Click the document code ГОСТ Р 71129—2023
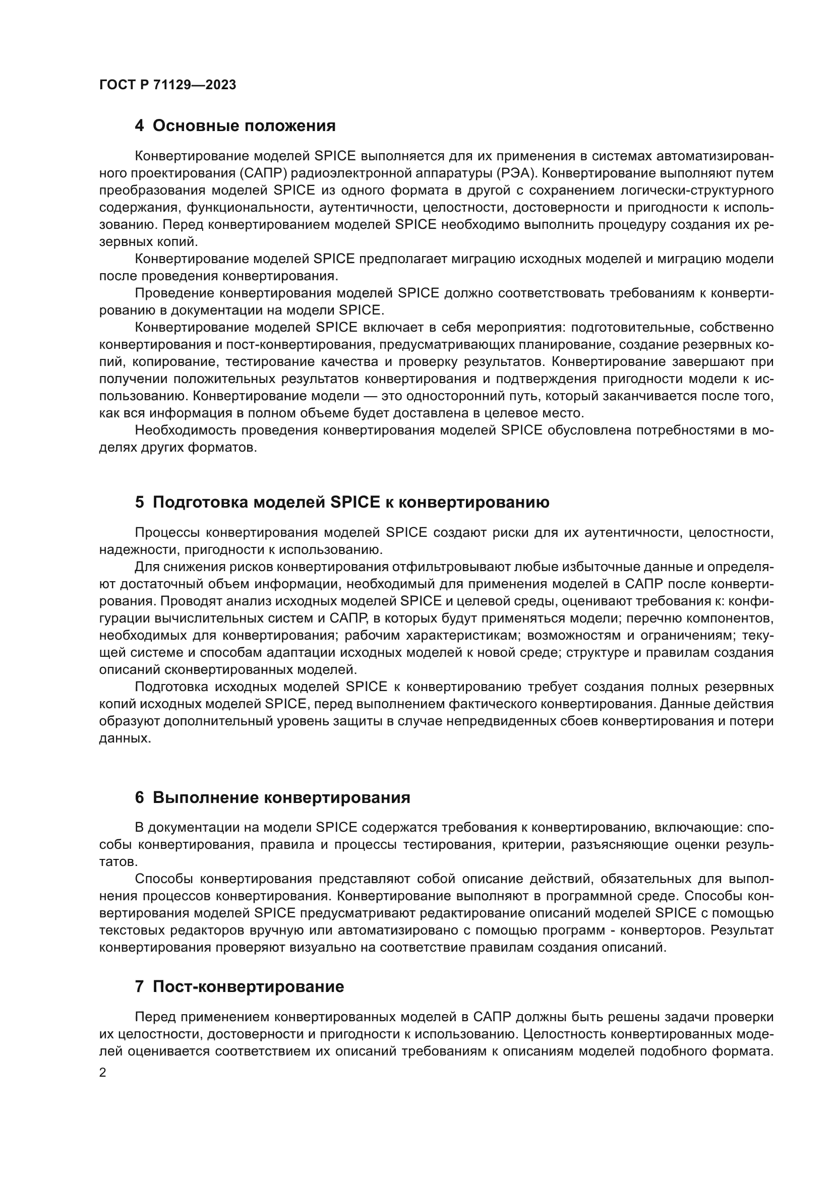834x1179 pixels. [167, 85]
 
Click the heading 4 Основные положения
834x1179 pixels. [234, 126]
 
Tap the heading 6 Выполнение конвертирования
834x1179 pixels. [272, 797]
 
